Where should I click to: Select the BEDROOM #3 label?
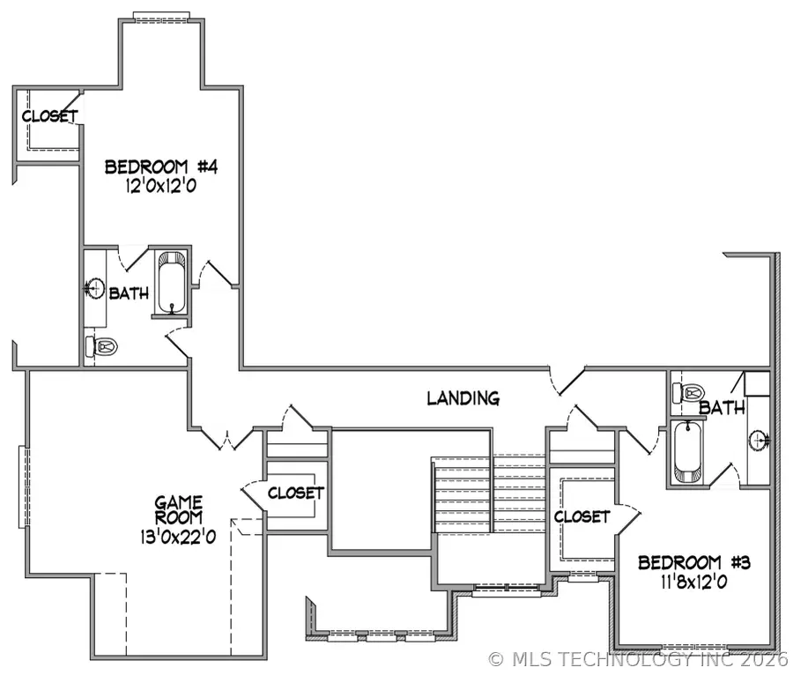(694, 562)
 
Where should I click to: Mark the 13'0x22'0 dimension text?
(179, 536)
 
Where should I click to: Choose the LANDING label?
(463, 398)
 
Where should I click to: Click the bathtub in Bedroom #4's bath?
(172, 283)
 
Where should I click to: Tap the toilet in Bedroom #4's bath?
(102, 347)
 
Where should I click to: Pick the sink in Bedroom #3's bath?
(760, 439)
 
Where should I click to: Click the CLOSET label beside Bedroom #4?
(49, 116)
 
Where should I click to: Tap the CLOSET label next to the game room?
(295, 493)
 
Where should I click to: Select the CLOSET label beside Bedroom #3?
(582, 516)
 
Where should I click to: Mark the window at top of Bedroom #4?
(161, 16)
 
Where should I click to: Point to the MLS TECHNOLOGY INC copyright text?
(638, 658)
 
